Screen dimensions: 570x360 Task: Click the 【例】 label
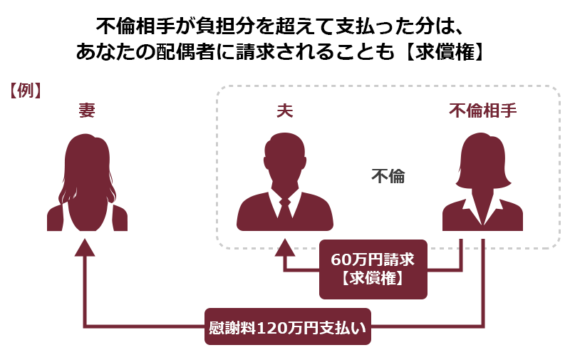coord(24,91)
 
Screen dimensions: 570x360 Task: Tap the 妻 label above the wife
coord(87,110)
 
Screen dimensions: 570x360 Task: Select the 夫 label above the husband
coord(284,110)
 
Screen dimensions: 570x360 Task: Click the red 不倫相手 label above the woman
coord(483,110)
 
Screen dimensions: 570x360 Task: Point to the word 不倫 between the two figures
coord(388,176)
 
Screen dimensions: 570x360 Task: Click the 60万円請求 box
coord(373,269)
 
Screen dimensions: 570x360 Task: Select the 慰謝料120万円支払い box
coord(288,326)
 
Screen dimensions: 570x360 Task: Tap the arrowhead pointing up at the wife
coord(85,248)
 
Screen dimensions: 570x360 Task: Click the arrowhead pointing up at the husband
coord(284,248)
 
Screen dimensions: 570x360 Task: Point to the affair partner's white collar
coord(483,209)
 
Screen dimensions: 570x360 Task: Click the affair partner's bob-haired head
coord(483,160)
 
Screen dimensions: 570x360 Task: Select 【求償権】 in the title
coord(444,51)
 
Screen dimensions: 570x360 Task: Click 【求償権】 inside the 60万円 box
coord(373,279)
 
